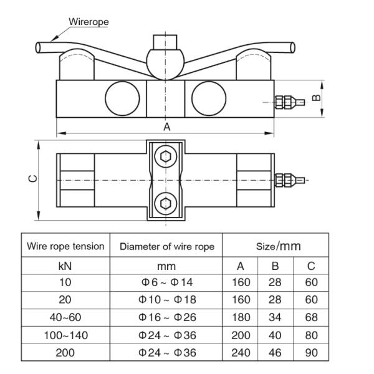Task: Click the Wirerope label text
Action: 89,22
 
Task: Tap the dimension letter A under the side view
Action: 167,127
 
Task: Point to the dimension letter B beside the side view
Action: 316,98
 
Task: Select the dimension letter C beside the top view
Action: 32,179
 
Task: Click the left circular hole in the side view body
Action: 122,98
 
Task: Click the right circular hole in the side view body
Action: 209,98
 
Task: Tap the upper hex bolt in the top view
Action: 166,156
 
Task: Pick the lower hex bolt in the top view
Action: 166,203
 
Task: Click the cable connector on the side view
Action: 290,102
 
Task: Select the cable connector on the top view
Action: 290,180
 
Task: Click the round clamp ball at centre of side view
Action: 165,64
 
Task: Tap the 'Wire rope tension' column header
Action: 65,246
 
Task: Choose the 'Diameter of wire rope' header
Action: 167,247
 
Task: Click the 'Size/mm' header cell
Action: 279,246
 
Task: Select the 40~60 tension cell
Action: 65,317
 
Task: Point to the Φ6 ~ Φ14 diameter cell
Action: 167,282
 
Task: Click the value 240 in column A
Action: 241,353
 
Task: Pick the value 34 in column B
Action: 275,317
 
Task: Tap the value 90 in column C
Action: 311,353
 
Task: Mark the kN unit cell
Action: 65,266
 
